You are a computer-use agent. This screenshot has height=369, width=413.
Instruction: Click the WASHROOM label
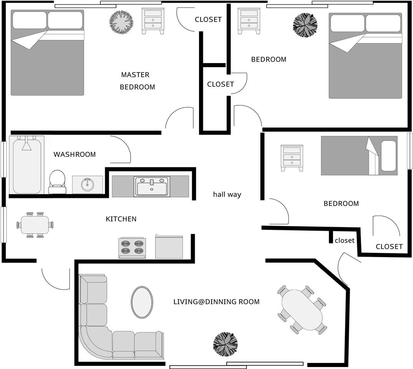[x=75, y=155]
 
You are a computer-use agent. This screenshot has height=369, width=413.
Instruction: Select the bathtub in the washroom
[x=27, y=165]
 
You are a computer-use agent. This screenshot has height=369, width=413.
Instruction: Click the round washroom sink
[x=88, y=184]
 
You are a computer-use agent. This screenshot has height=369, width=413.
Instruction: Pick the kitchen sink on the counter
[x=152, y=186]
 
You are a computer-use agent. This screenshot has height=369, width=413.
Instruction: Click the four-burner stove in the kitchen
[x=132, y=248]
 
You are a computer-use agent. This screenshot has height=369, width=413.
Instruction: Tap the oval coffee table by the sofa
[x=142, y=302]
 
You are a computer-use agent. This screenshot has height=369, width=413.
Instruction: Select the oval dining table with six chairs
[x=302, y=310]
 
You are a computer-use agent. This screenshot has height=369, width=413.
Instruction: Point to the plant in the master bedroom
[x=121, y=22]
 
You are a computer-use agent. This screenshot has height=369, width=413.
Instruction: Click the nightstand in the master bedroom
[x=153, y=20]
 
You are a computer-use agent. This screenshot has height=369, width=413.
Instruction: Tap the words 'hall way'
[x=227, y=194]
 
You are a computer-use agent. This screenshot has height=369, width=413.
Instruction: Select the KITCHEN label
[x=121, y=219]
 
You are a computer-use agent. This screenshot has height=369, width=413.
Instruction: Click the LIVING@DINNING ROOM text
[x=216, y=302]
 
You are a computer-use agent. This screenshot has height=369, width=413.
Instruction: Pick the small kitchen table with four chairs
[x=35, y=225]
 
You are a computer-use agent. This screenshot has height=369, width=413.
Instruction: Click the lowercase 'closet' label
[x=345, y=241]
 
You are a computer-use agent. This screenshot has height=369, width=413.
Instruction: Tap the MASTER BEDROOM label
[x=137, y=81]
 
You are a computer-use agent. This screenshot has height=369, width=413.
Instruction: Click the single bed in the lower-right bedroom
[x=359, y=155]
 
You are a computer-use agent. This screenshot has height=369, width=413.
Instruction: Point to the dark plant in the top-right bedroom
[x=305, y=25]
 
